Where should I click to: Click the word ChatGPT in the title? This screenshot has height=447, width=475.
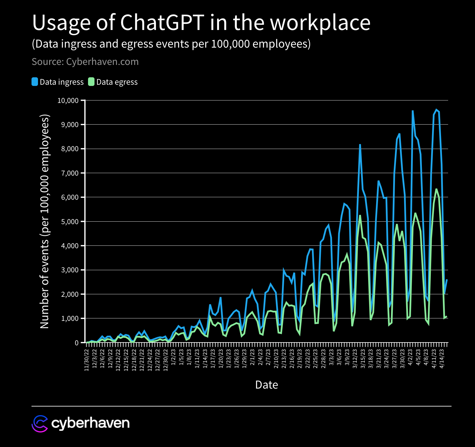pyautogui.click(x=162, y=23)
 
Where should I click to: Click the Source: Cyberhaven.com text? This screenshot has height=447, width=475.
pyautogui.click(x=85, y=62)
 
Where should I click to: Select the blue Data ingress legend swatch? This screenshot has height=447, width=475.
pyautogui.click(x=35, y=82)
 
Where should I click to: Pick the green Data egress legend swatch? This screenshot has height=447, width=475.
pyautogui.click(x=91, y=82)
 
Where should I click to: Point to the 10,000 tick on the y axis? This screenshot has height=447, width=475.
pyautogui.click(x=68, y=100)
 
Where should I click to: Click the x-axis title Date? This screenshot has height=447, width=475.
pyautogui.click(x=267, y=385)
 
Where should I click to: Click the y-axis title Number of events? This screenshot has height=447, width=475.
pyautogui.click(x=45, y=221)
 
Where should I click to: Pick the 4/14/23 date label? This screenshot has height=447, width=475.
pyautogui.click(x=442, y=359)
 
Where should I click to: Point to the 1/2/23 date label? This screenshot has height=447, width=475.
pyautogui.click(x=174, y=357)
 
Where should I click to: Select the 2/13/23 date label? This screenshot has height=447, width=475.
pyautogui.click(x=284, y=359)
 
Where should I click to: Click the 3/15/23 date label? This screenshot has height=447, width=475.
pyautogui.click(x=363, y=359)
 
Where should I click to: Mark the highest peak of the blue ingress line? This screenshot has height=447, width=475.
pyautogui.click(x=436, y=109)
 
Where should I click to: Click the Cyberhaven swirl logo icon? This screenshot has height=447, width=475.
pyautogui.click(x=40, y=424)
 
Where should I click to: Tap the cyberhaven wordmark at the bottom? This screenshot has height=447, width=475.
pyautogui.click(x=90, y=423)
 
